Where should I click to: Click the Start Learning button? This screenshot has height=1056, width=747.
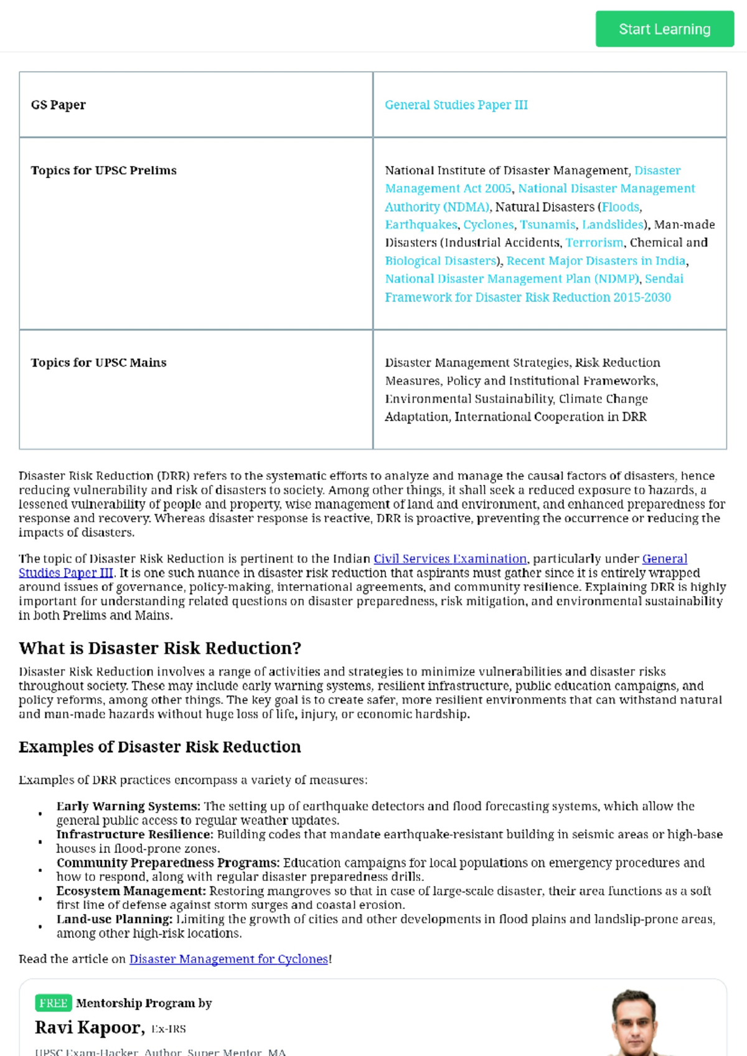[664, 29]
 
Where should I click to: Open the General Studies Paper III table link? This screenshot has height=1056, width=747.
[456, 105]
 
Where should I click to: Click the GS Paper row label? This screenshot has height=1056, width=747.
[59, 105]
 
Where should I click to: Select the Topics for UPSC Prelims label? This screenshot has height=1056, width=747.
[103, 170]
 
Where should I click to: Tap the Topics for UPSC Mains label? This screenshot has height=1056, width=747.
[98, 362]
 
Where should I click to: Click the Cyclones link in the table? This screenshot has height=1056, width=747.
[488, 224]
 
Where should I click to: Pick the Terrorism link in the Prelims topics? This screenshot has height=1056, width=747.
[594, 242]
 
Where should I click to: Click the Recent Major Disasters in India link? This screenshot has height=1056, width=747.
[596, 260]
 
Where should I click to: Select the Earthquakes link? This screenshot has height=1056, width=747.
[421, 224]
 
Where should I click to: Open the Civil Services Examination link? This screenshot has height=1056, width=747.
[449, 559]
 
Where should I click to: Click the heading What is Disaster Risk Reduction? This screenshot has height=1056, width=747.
[159, 648]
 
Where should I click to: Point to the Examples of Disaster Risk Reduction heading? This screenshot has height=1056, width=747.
[159, 747]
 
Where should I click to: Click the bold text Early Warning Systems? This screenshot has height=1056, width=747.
[128, 806]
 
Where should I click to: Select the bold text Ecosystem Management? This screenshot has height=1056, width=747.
[131, 891]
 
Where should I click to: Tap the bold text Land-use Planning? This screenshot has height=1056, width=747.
[114, 919]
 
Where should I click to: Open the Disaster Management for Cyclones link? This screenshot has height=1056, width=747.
[228, 959]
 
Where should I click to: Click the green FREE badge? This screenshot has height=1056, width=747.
[54, 1003]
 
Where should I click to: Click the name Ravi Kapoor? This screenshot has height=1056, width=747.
[89, 1027]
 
